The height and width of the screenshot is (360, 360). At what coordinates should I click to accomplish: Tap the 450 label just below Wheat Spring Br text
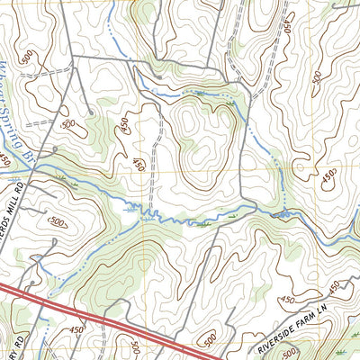[x=8, y=159]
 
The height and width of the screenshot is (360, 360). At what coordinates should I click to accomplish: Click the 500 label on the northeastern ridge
[x=316, y=79]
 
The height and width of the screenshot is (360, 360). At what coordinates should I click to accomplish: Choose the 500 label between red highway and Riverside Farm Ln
[x=210, y=337]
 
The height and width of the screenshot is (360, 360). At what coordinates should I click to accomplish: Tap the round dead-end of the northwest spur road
[x=91, y=112]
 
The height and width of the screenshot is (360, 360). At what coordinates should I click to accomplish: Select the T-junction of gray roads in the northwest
[x=73, y=57]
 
